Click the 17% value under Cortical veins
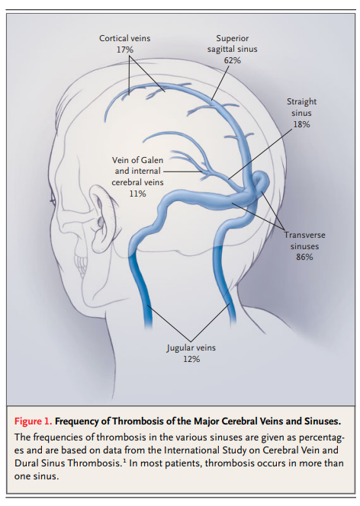point(124,50)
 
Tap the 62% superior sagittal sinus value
point(232,60)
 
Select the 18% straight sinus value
point(301,124)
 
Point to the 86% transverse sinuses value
point(304,257)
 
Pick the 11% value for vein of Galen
point(137,194)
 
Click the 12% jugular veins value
point(191,359)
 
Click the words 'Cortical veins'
point(124,38)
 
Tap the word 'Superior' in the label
point(232,38)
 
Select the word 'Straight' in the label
point(301,101)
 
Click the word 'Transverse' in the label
point(304,235)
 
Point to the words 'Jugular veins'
point(191,347)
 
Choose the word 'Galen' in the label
point(152,160)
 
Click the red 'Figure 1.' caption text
point(33,421)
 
